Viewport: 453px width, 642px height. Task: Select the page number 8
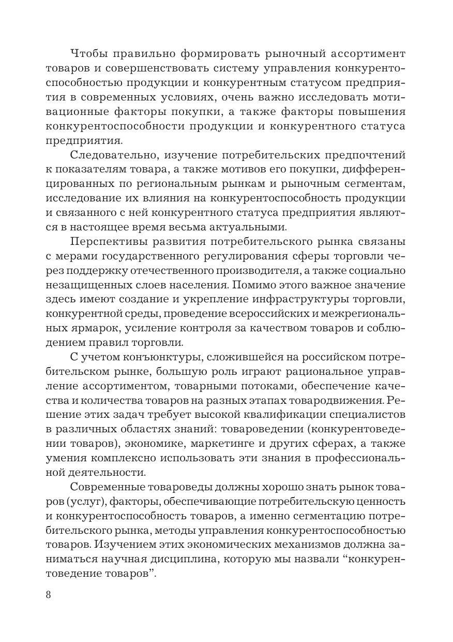(49, 594)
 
